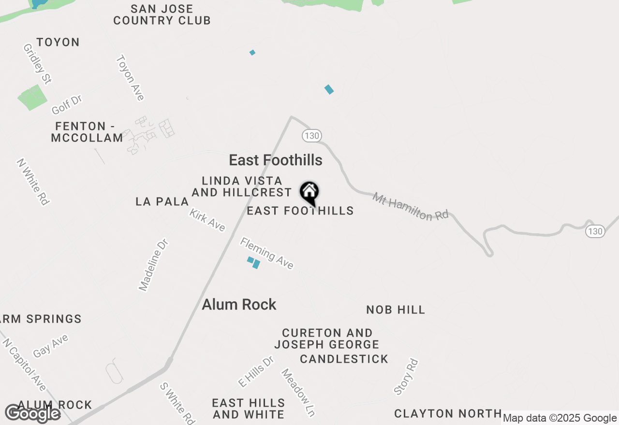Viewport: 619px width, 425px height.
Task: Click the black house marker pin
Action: (309, 193)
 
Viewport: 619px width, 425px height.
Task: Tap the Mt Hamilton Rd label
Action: (411, 207)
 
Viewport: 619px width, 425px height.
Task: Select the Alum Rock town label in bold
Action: (239, 304)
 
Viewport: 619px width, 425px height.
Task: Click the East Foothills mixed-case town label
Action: (276, 160)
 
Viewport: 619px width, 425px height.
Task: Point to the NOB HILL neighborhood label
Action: (396, 310)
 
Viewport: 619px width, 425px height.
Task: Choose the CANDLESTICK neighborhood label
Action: (344, 359)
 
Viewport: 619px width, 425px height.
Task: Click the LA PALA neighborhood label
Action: (162, 201)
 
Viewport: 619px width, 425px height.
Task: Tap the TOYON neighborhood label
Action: (58, 42)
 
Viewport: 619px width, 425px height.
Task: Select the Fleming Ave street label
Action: (267, 253)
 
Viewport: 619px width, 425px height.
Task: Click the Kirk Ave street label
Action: (207, 220)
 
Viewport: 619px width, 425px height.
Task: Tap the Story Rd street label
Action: (405, 377)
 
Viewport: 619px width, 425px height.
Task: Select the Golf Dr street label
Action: (67, 104)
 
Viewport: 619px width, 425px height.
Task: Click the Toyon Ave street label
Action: (130, 77)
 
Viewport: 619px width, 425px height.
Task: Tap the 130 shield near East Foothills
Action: (312, 136)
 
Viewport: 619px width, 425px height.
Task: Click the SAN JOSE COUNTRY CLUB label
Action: (162, 14)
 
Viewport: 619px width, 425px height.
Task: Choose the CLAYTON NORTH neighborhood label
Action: (448, 413)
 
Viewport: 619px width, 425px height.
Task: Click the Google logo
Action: (33, 414)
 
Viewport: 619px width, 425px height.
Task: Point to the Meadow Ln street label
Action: (298, 393)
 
